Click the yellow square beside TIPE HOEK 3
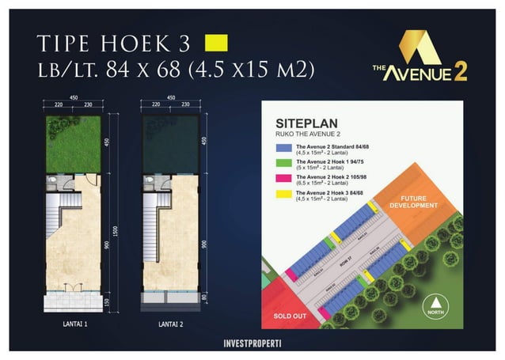pyautogui.click(x=216, y=41)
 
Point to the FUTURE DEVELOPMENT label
pyautogui.click(x=419, y=202)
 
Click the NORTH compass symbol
pyautogui.click(x=433, y=303)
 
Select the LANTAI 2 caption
pyautogui.click(x=172, y=324)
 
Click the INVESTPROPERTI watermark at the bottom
pyautogui.click(x=252, y=346)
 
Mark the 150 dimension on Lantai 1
pyautogui.click(x=105, y=302)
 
